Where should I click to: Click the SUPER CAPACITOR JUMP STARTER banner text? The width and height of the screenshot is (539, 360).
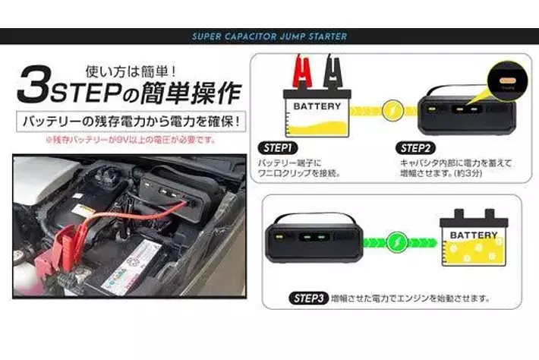(269, 36)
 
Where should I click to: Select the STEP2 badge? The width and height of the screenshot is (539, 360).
(418, 147)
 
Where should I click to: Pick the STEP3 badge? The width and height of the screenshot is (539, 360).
(308, 298)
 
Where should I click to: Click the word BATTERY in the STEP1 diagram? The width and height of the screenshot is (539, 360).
(317, 106)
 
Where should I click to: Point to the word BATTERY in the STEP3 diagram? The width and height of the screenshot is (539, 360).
(474, 235)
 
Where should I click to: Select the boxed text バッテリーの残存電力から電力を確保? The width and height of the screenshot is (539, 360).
(126, 122)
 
